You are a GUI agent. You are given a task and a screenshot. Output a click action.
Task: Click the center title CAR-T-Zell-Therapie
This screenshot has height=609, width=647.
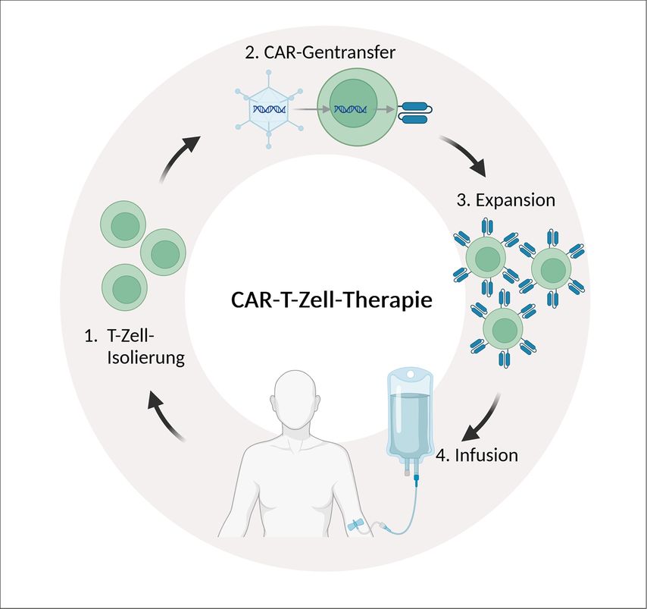tap(331, 300)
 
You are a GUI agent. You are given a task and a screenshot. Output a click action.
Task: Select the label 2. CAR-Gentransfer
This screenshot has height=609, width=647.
tap(322, 53)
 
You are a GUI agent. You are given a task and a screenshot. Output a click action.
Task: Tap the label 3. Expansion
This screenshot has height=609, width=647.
tap(506, 201)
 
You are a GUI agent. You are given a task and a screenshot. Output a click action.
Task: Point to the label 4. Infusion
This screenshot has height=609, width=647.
tap(477, 456)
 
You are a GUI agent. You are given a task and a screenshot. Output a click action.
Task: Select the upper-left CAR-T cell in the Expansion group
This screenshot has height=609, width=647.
tap(486, 258)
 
